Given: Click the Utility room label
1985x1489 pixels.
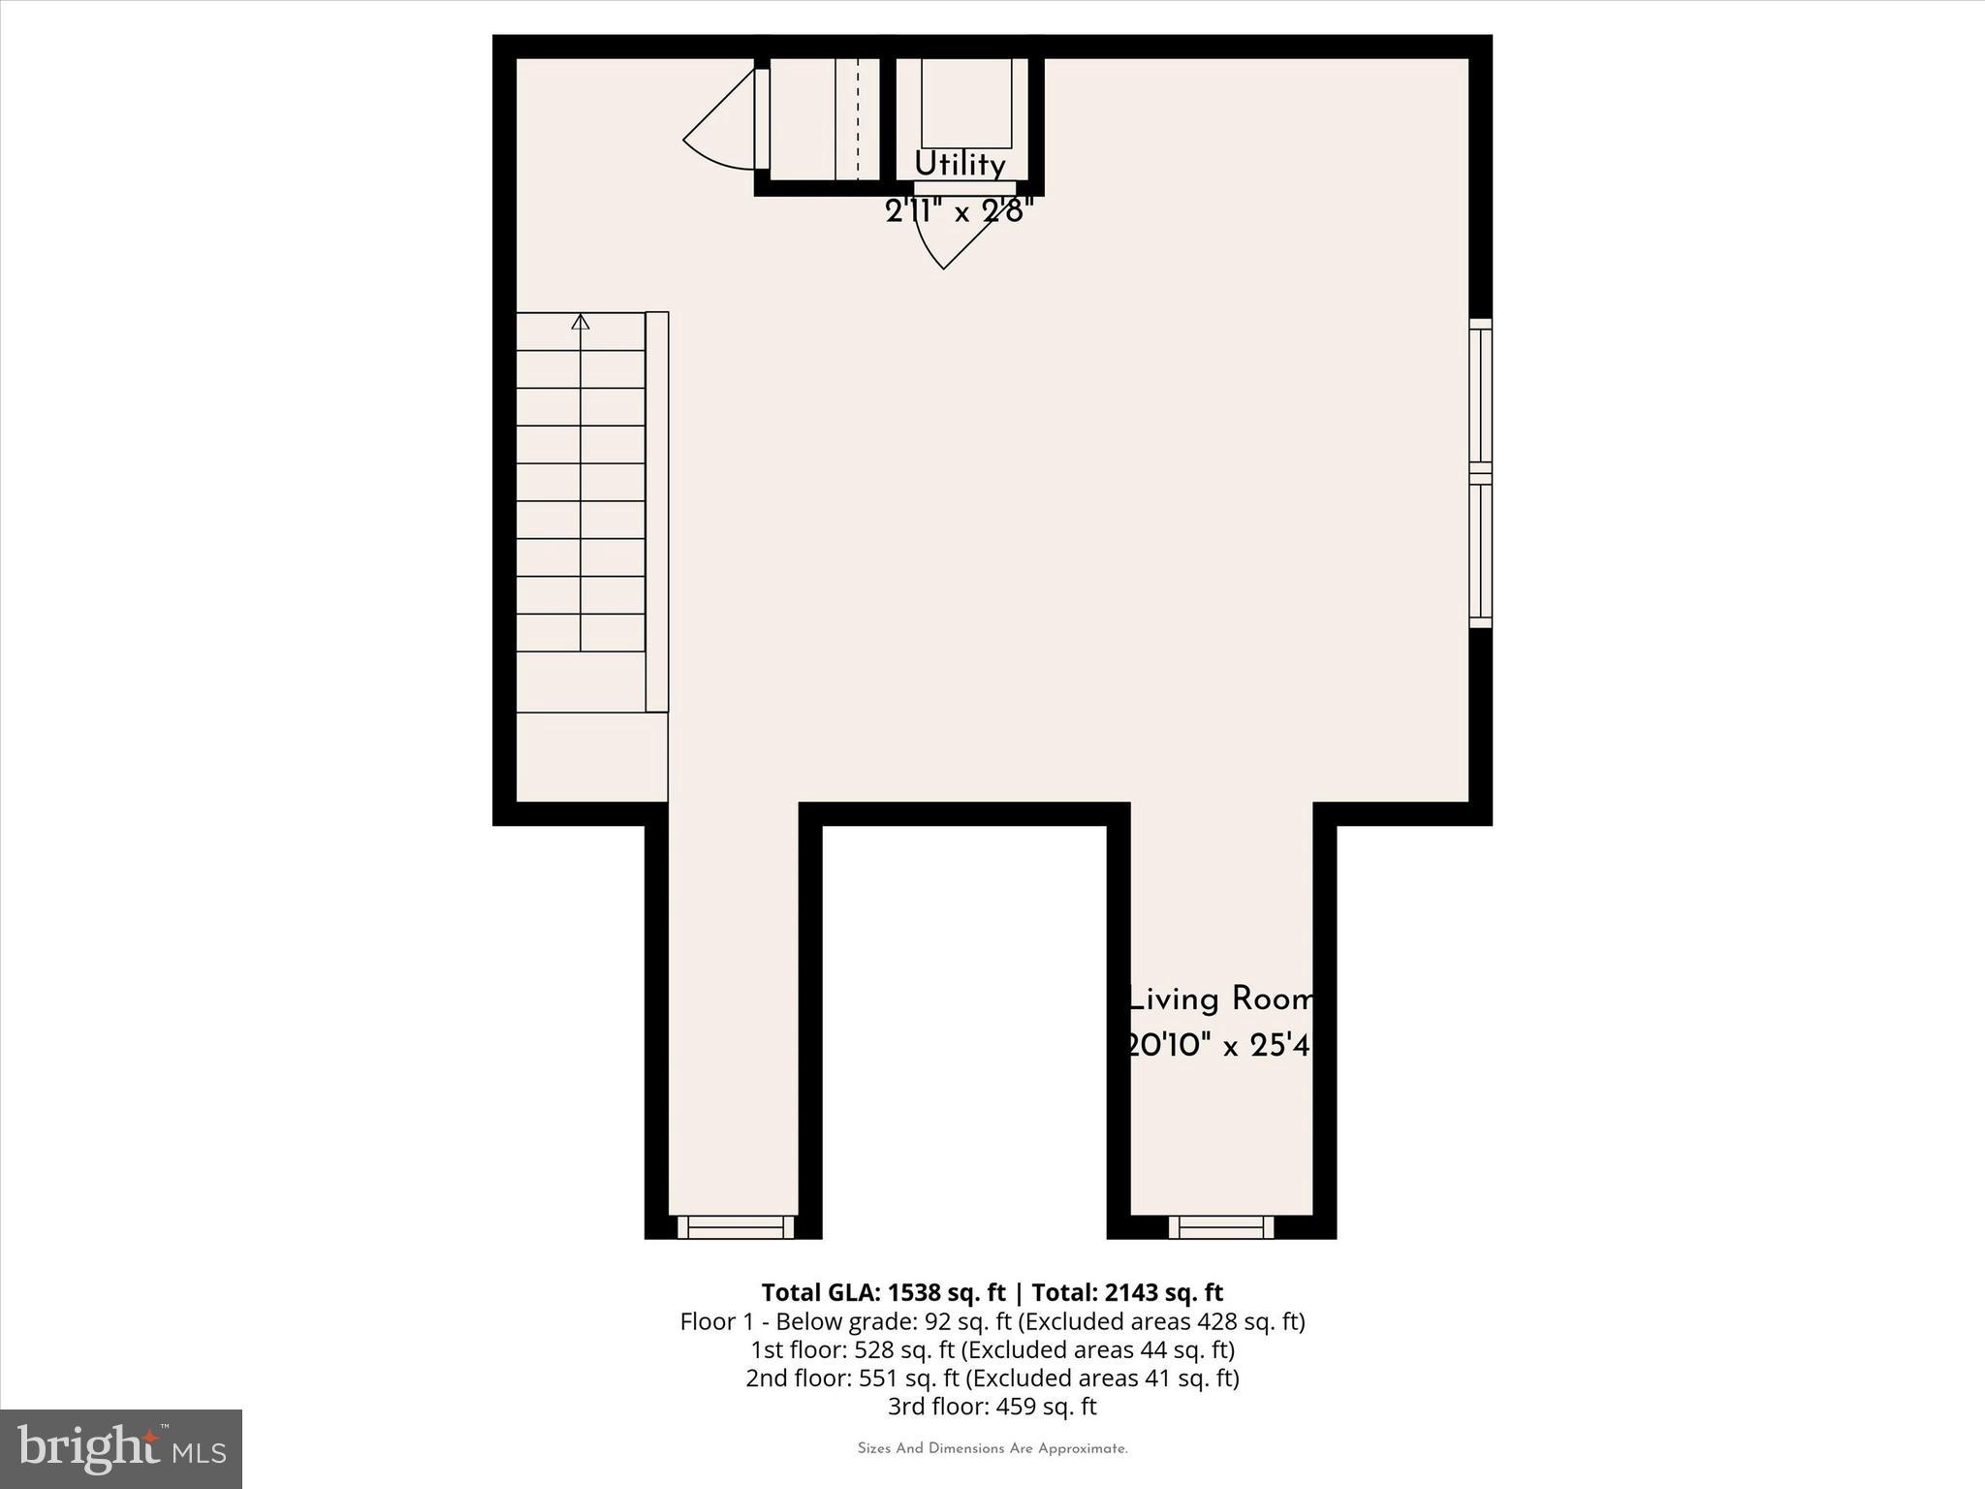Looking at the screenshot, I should pos(960,164).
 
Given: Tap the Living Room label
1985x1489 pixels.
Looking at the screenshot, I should pos(1220,999).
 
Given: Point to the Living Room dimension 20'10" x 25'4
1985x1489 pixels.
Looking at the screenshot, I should pos(1219,1046).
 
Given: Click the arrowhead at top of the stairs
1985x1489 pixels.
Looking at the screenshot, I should pos(581,322).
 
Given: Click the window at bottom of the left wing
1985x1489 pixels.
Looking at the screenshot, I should pos(736,1227).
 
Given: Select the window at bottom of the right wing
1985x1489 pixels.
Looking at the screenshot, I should pos(1221,1227).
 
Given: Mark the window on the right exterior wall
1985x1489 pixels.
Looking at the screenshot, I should pos(1480,472).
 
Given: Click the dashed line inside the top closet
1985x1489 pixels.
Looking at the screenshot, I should pos(858,118).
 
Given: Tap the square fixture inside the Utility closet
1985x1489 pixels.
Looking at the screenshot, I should pos(965,102).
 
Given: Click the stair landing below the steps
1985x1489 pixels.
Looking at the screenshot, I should pos(591,757).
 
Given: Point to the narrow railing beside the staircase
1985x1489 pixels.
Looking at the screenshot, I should pos(657,511).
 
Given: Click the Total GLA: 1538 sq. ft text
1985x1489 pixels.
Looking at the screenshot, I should pos(884,1292).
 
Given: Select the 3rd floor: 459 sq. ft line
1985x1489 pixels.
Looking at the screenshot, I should pos(992,1406).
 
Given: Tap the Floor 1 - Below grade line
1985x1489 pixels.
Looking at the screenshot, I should pos(992,1321).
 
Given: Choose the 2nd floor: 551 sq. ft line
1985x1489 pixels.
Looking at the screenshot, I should pos(992,1378).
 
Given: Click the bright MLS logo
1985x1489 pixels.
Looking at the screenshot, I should pos(121,1448).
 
